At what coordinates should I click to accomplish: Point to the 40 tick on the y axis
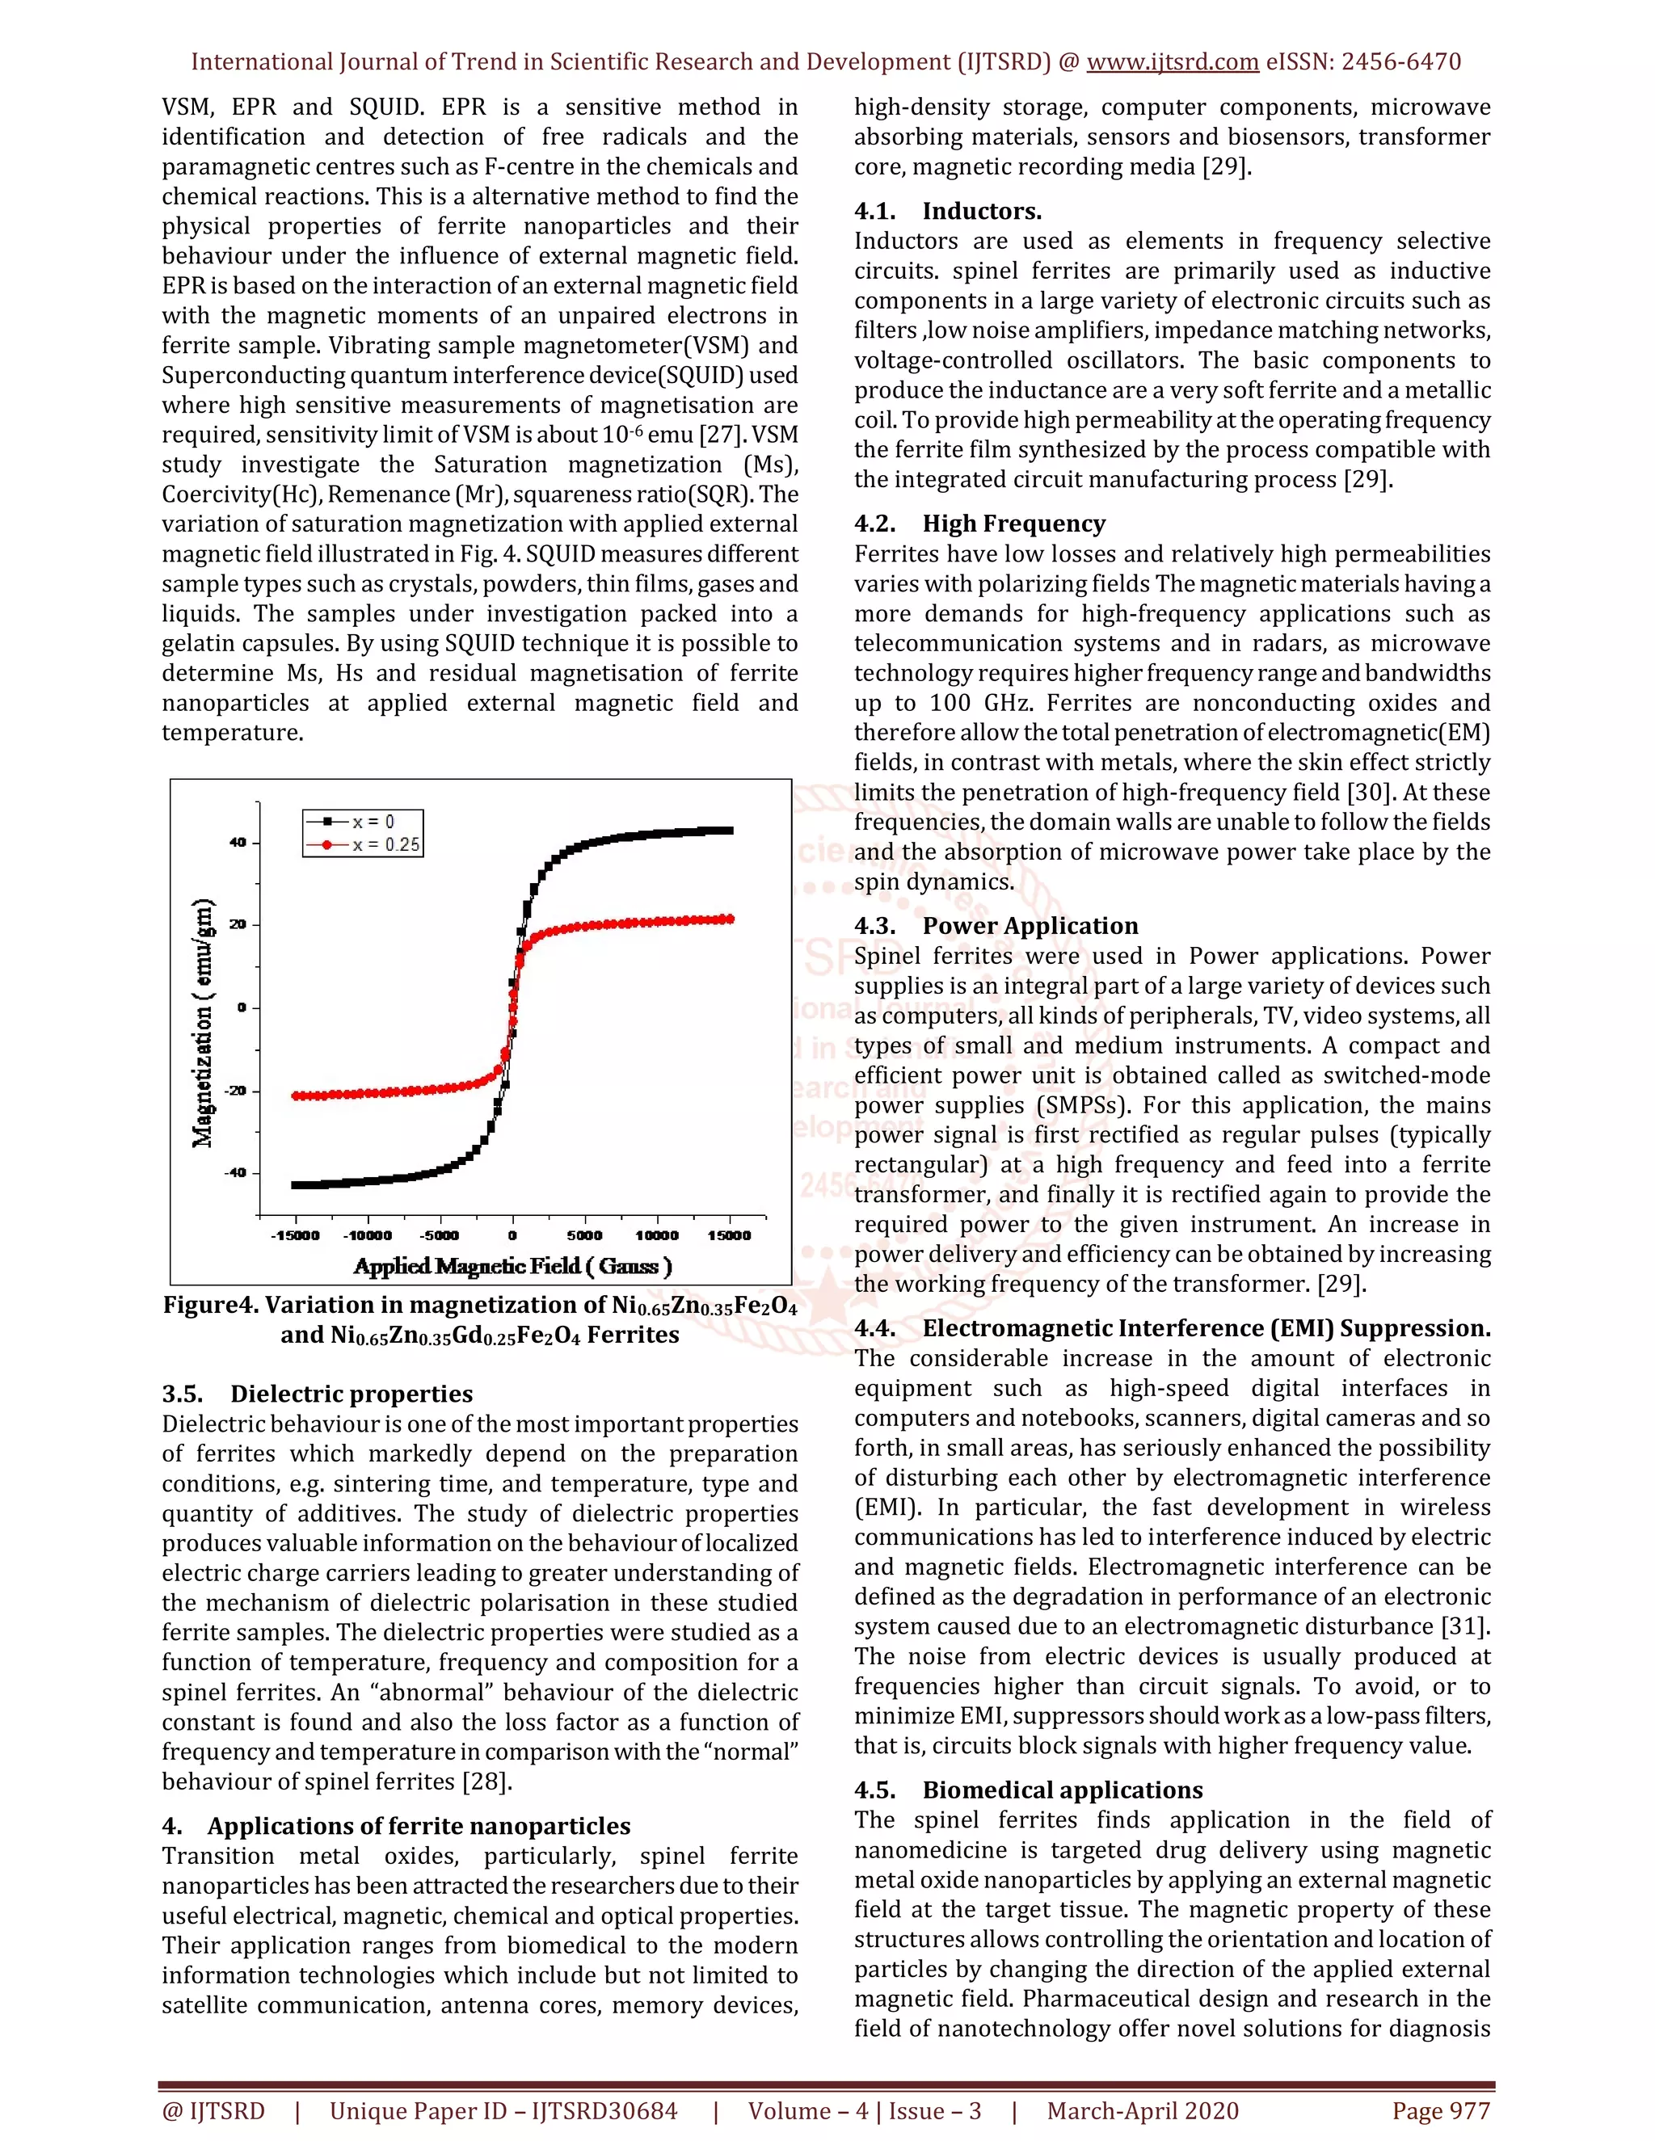238,842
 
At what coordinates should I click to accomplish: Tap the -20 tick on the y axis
235,1090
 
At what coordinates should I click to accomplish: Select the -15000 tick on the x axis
295,1235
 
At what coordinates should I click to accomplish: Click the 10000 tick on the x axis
657,1235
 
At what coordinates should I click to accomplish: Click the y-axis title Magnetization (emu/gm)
203,1023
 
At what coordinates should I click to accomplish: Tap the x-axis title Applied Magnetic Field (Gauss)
513,1265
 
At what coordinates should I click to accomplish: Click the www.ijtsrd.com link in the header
1172,61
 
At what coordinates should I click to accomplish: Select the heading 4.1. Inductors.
947,211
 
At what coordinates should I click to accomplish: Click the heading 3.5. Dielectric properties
317,1393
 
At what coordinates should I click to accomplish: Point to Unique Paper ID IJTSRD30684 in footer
503,2110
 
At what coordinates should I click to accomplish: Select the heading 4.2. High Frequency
979,524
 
